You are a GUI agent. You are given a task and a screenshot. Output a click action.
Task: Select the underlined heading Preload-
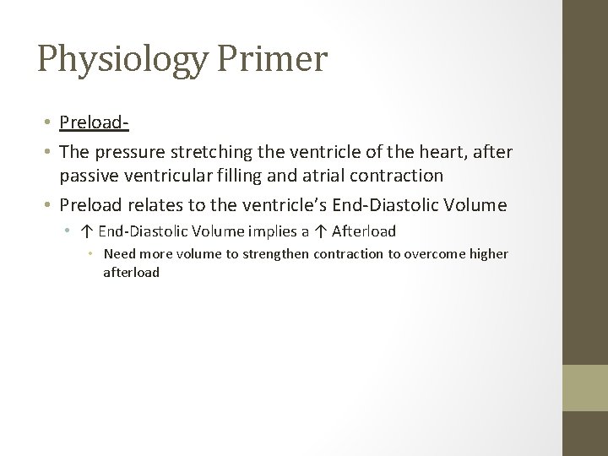pos(94,124)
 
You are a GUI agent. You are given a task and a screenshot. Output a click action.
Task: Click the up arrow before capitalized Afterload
pos(323,230)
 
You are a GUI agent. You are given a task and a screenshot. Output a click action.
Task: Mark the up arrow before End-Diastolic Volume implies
pos(88,230)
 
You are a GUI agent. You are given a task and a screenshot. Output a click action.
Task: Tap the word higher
pos(489,253)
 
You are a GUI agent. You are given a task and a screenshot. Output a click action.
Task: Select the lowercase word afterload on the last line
pos(131,272)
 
